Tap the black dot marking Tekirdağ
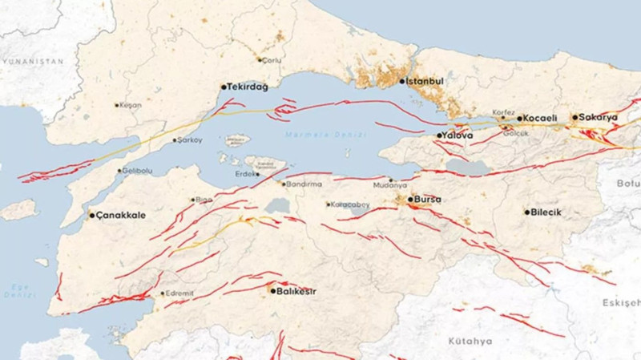coord(224,87)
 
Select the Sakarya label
coord(600,117)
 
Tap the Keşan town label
coord(131,105)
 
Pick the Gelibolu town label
coord(136,171)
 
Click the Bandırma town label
coord(306,184)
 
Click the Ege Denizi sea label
coord(14,289)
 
